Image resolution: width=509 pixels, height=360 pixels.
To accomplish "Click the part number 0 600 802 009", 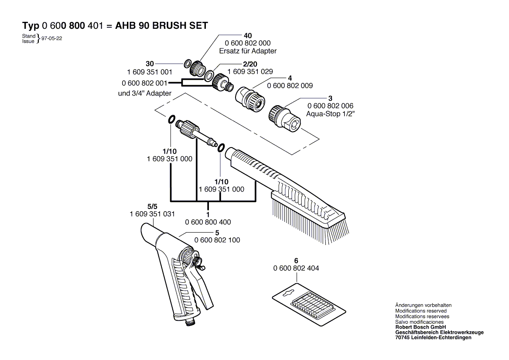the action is [290, 86].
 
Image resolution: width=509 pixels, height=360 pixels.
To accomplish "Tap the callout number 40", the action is [248, 36].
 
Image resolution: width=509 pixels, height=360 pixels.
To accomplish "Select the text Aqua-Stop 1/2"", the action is [331, 114].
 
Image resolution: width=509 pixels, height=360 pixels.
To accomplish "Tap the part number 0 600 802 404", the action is [296, 268].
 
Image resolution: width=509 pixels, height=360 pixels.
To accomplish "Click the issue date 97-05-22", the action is [51, 38].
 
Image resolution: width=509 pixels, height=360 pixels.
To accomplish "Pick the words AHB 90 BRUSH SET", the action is [161, 26].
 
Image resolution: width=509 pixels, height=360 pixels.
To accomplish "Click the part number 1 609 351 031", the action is [152, 214].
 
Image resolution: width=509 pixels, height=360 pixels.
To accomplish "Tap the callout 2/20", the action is [250, 64].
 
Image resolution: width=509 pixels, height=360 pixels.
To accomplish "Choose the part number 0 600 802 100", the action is [217, 240].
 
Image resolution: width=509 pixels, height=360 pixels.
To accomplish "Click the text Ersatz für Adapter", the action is [248, 51].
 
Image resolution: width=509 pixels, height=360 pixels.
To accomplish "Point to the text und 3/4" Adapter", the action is [144, 93].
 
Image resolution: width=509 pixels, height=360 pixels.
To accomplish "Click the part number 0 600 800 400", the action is [208, 222].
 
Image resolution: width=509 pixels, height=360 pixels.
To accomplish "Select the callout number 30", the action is [150, 64].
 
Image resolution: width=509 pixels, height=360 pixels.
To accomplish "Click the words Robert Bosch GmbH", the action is [420, 327].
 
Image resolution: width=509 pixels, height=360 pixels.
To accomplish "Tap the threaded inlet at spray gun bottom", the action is [188, 322].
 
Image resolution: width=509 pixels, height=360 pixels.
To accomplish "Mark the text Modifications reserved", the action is [421, 311].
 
